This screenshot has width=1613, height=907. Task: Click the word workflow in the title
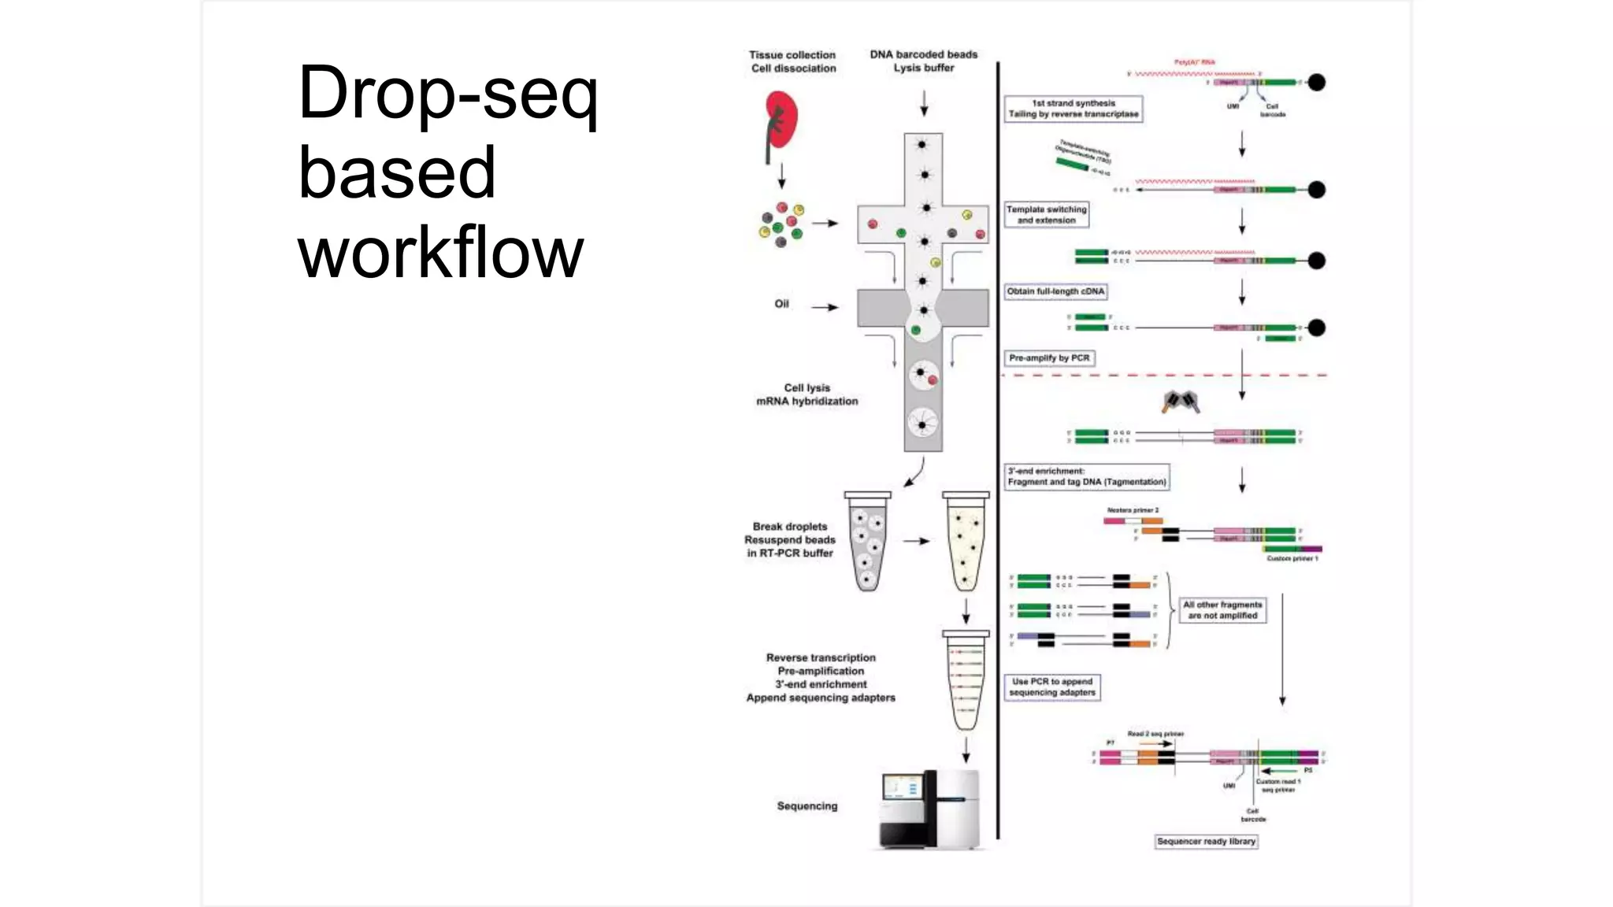click(441, 252)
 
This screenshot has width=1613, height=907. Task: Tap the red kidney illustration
click(781, 120)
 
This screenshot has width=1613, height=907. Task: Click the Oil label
click(781, 304)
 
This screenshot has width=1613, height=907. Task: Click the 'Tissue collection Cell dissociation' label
click(792, 61)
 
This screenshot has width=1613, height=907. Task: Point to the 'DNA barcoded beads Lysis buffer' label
click(923, 61)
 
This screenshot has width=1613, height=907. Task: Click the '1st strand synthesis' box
click(1073, 109)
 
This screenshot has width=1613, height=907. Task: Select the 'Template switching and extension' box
click(1047, 215)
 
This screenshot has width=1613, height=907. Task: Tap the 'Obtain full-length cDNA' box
click(1055, 291)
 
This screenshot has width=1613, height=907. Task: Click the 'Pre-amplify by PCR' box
click(1049, 358)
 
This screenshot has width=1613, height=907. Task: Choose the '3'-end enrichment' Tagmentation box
click(1086, 476)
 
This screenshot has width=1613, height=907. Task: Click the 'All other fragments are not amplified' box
click(1222, 610)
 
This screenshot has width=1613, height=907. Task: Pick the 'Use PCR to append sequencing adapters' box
click(1052, 687)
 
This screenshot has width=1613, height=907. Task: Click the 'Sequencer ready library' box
click(1206, 842)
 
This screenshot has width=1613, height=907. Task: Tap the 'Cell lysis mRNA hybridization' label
click(806, 394)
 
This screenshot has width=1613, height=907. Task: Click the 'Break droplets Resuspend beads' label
click(789, 540)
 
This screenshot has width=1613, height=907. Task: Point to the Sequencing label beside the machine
click(806, 806)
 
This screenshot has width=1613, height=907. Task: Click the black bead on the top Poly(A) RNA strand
click(1316, 82)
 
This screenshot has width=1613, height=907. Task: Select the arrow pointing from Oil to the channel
click(825, 307)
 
